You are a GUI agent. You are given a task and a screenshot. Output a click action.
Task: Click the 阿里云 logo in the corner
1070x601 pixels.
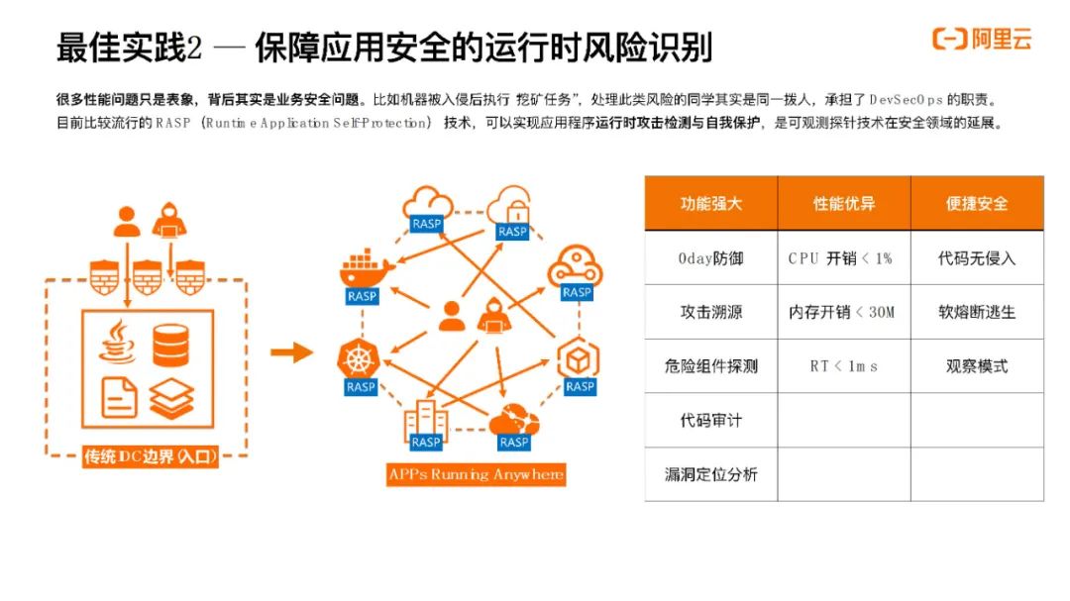pyautogui.click(x=982, y=39)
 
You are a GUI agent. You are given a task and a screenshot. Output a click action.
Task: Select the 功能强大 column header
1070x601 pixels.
pyautogui.click(x=710, y=203)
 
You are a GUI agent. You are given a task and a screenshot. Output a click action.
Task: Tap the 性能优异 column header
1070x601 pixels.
pyautogui.click(x=843, y=203)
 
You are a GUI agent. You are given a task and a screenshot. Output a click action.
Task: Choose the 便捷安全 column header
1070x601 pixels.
pyautogui.click(x=977, y=203)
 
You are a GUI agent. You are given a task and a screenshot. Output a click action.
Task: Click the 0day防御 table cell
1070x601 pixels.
pyautogui.click(x=710, y=257)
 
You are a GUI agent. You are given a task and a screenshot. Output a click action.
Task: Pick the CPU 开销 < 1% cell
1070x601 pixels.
pyautogui.click(x=843, y=257)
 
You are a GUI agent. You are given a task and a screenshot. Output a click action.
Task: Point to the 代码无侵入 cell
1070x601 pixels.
pyautogui.click(x=977, y=257)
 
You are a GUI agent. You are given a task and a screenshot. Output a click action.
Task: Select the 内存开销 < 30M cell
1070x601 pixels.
pyautogui.click(x=843, y=312)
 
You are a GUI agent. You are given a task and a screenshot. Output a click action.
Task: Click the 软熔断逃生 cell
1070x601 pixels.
pyautogui.click(x=977, y=312)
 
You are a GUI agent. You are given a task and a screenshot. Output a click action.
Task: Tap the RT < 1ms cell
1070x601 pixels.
pyautogui.click(x=843, y=366)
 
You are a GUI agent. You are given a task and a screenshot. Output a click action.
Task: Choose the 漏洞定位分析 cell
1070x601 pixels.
pyautogui.click(x=710, y=475)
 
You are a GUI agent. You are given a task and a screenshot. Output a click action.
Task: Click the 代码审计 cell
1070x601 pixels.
pyautogui.click(x=710, y=420)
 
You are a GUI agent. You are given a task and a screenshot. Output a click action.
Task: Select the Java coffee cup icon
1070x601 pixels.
pyautogui.click(x=118, y=342)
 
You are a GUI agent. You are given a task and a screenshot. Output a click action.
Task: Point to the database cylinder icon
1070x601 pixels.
pyautogui.click(x=170, y=346)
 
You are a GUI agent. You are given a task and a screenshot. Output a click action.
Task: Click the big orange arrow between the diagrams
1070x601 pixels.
pyautogui.click(x=291, y=352)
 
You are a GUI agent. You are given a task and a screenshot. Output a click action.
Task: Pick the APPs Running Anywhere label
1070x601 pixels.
pyautogui.click(x=477, y=474)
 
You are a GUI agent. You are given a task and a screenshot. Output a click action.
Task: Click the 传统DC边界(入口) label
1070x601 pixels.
pyautogui.click(x=151, y=456)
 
